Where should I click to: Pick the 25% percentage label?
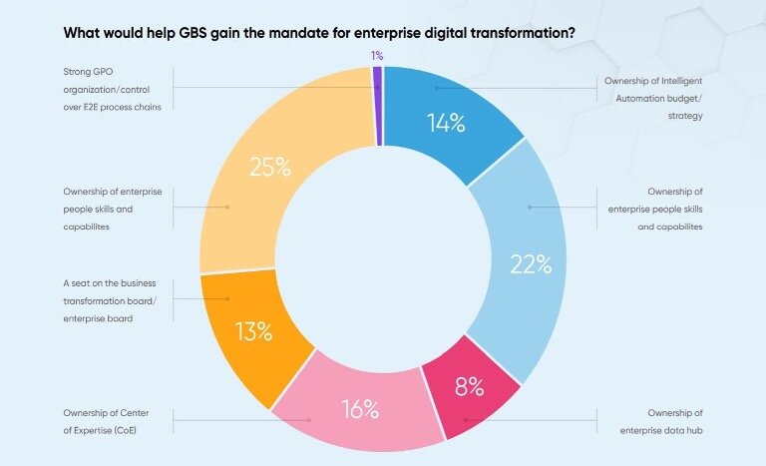pyautogui.click(x=269, y=167)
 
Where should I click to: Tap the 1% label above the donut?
pyautogui.click(x=377, y=56)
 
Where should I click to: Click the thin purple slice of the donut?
pyautogui.click(x=378, y=105)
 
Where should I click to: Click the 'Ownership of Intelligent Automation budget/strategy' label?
pyautogui.click(x=654, y=98)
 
